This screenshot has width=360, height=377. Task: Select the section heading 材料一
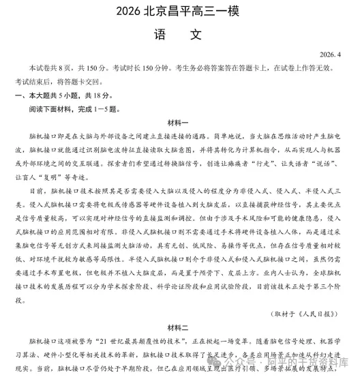(x=180, y=123)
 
